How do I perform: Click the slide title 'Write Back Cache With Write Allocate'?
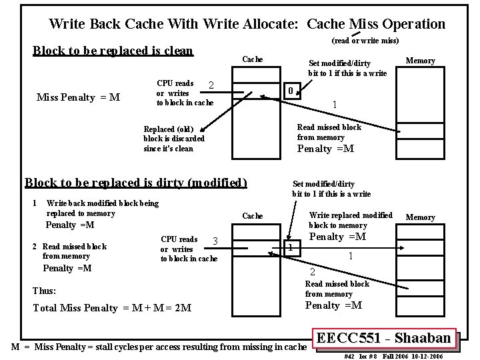click(x=247, y=24)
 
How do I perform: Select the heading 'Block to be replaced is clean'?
click(x=113, y=51)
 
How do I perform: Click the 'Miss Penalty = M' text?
click(x=78, y=97)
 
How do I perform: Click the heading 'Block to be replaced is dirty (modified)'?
click(x=135, y=183)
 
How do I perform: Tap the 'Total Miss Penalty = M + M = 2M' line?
click(x=112, y=308)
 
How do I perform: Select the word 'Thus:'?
click(x=45, y=291)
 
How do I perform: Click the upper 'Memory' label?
click(x=421, y=61)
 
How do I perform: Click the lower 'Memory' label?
click(x=421, y=217)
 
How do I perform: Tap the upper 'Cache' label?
click(x=252, y=59)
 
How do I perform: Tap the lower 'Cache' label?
click(x=252, y=216)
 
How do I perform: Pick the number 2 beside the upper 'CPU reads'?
click(x=211, y=85)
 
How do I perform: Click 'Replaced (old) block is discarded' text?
click(x=174, y=139)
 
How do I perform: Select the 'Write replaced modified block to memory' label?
click(x=351, y=220)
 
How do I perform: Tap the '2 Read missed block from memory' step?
click(x=70, y=251)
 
